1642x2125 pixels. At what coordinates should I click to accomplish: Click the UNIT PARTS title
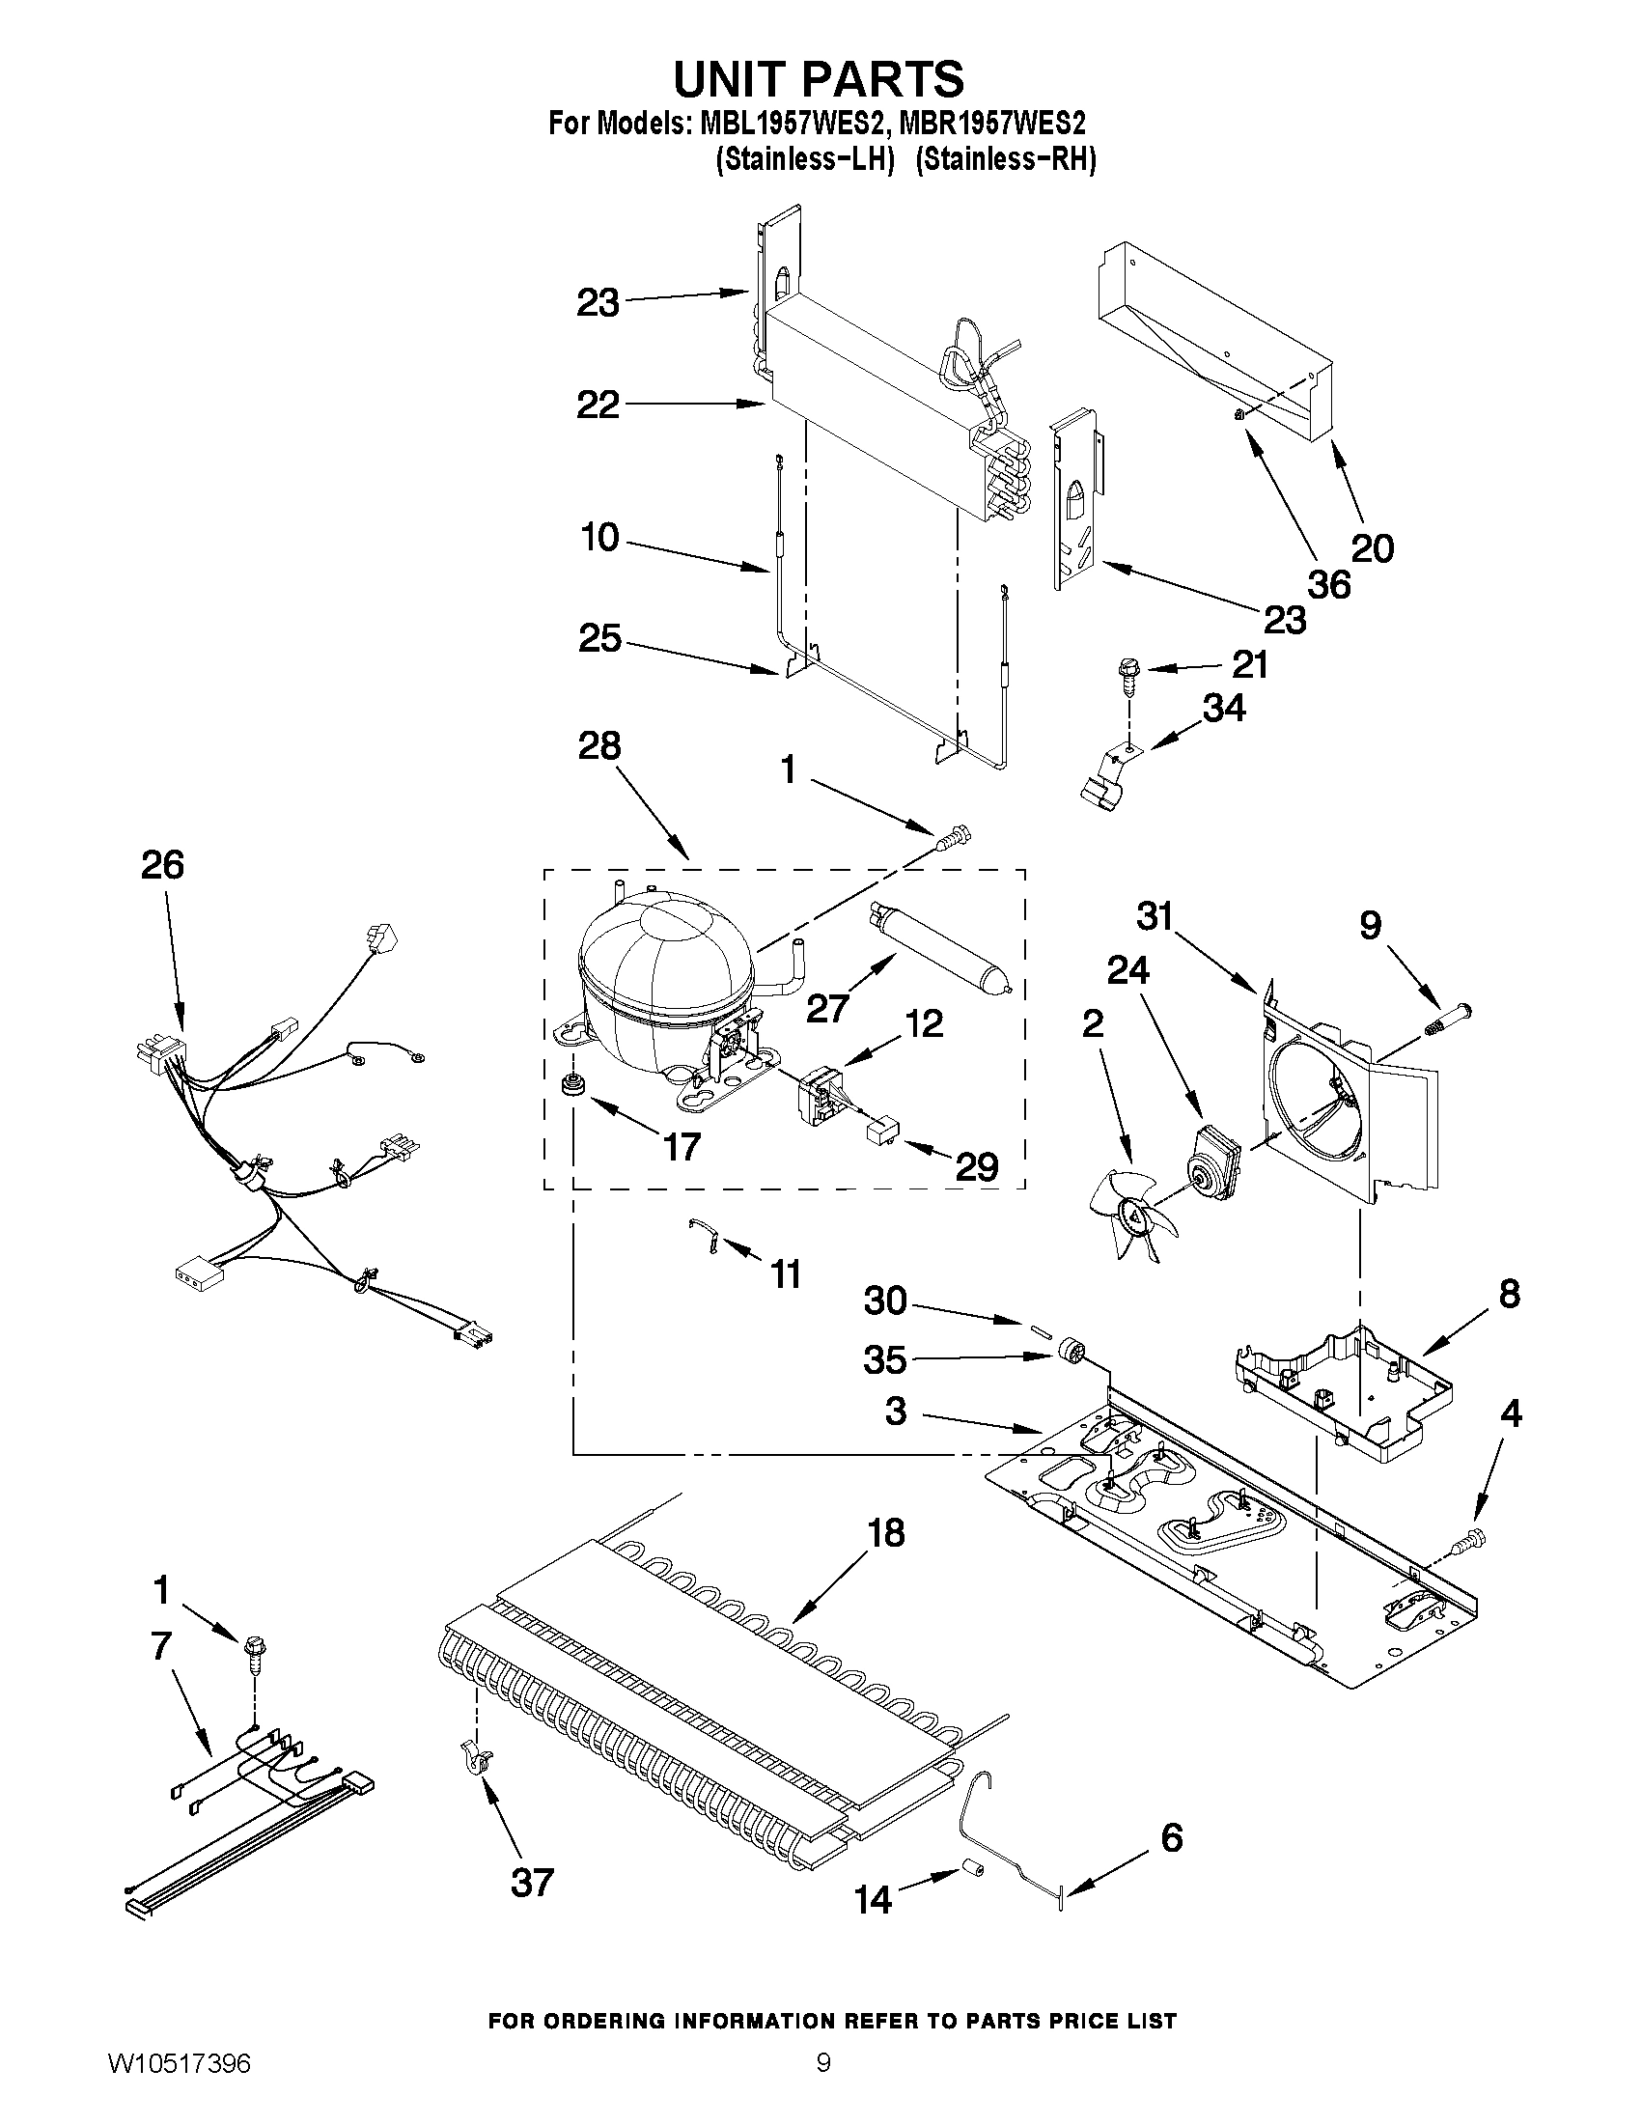point(819,79)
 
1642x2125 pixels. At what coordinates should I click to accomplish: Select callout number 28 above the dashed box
point(598,746)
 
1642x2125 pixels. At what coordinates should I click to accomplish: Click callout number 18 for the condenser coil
point(886,1532)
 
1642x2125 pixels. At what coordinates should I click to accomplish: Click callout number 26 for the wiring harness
point(161,864)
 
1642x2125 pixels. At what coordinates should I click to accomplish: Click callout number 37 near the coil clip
point(531,1882)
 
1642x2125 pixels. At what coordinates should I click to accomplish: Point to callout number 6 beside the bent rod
point(1172,1837)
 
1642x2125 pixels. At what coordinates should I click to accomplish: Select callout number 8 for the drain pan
point(1508,1294)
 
